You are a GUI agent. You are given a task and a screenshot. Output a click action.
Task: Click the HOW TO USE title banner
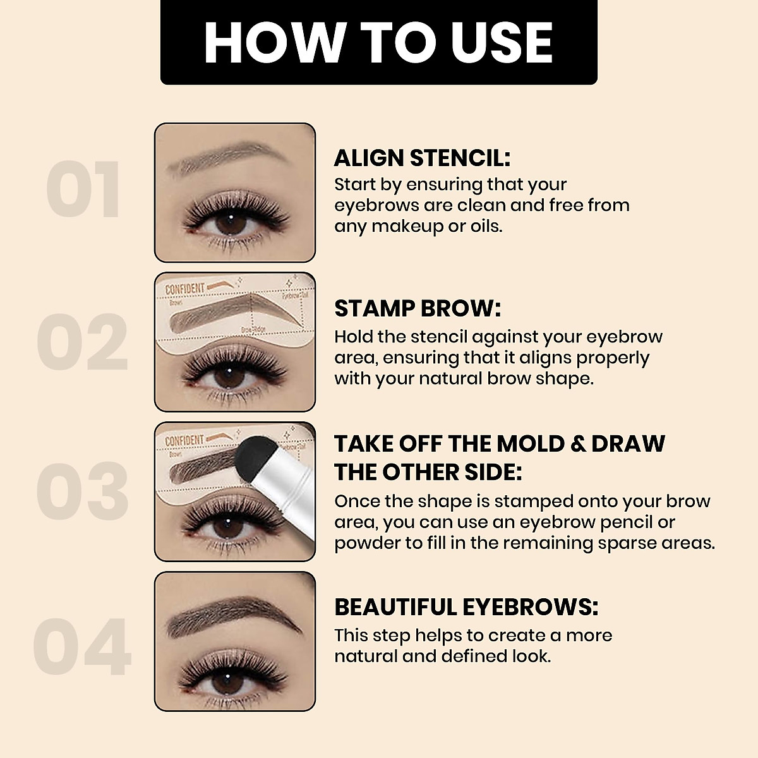coord(378,42)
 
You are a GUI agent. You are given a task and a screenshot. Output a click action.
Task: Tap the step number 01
coord(83,190)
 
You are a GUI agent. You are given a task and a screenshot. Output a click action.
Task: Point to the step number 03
coord(82,492)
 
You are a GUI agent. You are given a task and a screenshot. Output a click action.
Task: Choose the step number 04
coord(82,647)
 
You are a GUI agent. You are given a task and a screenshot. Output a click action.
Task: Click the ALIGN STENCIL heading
coord(422,157)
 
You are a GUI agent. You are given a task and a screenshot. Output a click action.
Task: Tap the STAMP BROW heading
coord(417,308)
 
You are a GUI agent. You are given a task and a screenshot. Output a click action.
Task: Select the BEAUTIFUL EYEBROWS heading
coord(466,607)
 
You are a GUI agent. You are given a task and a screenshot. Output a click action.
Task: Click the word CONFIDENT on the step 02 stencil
coord(185,289)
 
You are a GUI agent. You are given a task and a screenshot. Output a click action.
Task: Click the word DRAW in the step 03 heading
coord(628,443)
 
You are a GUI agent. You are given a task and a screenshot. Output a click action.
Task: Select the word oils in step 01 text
coord(485,226)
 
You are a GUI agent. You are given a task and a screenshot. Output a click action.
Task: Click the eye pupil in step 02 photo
coord(227,377)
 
